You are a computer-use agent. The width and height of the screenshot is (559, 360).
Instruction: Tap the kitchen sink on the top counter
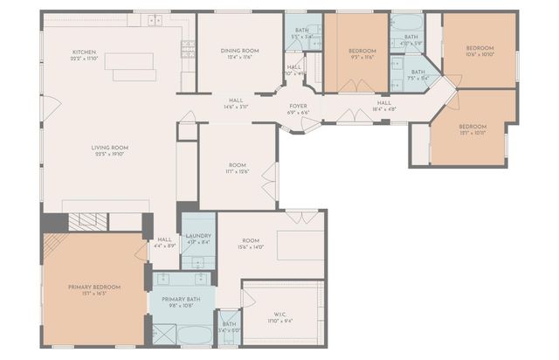155,20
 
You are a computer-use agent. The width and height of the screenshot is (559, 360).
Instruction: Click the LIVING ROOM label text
110,148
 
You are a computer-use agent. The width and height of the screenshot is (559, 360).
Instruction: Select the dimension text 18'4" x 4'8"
383,110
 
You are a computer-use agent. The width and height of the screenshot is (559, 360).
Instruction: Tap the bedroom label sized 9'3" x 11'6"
362,52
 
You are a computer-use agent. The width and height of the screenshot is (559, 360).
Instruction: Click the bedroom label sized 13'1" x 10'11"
472,126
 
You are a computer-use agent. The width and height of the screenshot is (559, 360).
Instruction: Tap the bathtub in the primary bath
193,335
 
